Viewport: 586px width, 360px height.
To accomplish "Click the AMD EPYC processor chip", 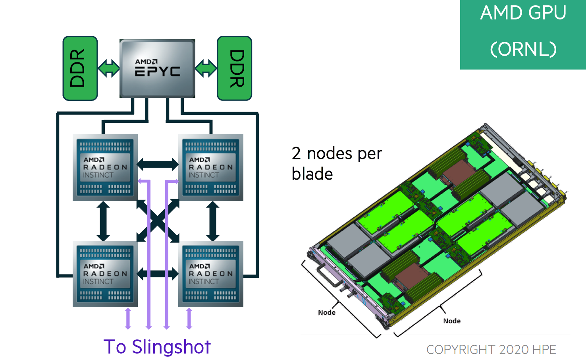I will [x=157, y=68].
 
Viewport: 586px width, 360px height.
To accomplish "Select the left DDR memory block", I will [x=80, y=68].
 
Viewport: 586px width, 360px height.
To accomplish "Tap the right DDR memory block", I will [x=234, y=68].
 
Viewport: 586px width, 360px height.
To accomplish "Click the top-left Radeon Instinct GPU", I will [x=105, y=167].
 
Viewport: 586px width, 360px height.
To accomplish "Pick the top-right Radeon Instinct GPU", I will [x=211, y=167].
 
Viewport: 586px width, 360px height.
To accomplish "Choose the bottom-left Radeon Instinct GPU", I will [x=105, y=274].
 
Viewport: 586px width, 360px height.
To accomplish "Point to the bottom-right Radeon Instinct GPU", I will [x=211, y=274].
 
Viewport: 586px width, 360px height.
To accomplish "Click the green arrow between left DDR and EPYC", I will [x=108, y=68].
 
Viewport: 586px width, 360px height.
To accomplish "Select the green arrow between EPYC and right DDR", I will [x=206, y=68].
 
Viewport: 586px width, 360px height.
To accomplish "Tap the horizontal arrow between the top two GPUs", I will [x=158, y=164].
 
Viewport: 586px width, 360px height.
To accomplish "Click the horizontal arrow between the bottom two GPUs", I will [x=158, y=273].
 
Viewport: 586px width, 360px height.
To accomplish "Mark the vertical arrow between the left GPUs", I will [x=103, y=221].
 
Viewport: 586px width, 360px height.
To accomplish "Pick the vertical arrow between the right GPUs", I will [x=213, y=221].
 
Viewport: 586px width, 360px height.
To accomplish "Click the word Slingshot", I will [x=171, y=347].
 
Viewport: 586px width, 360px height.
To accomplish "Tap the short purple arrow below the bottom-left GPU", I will [x=128, y=319].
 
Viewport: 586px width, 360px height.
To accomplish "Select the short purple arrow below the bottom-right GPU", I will [x=189, y=319].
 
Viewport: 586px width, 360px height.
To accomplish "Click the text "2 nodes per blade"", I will [x=336, y=163].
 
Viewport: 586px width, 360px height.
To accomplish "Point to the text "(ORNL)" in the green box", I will [x=523, y=49].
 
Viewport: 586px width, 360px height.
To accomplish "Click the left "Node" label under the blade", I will [x=327, y=313].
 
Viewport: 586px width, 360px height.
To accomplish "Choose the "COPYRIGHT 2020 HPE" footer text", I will [x=491, y=350].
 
